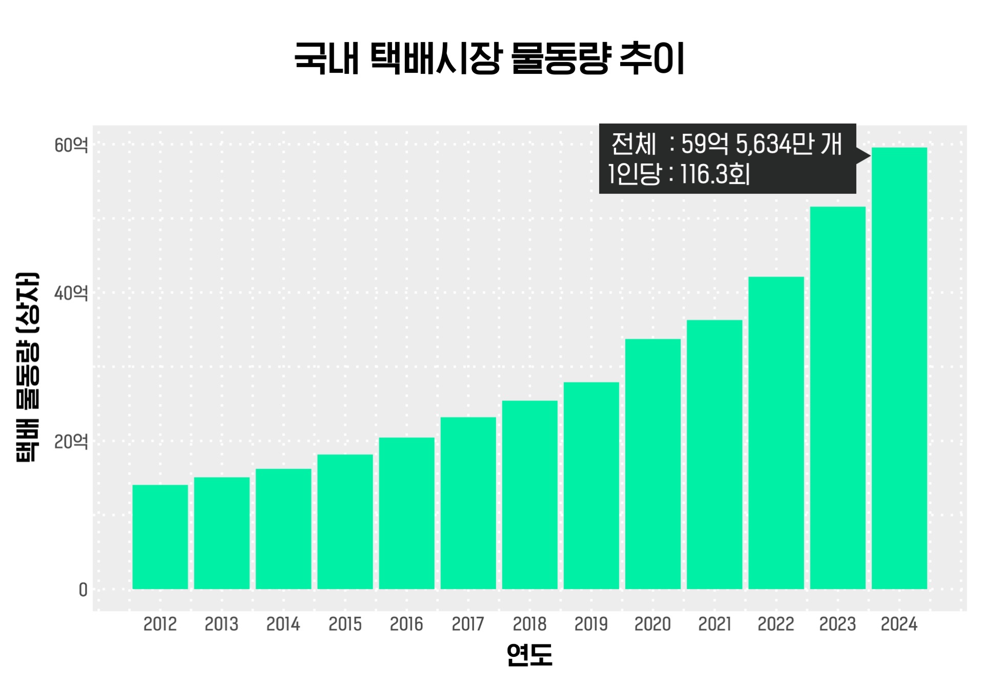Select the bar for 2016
[x=406, y=513]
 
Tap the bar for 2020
[x=653, y=464]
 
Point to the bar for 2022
[x=776, y=432]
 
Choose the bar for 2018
[x=530, y=494]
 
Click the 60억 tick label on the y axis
[x=71, y=146]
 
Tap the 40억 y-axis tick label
[x=71, y=294]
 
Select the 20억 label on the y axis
[x=71, y=441]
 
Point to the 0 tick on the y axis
[x=83, y=590]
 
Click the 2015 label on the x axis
[x=345, y=624]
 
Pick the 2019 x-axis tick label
[x=591, y=624]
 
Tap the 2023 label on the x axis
[x=837, y=624]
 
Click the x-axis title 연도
[x=529, y=655]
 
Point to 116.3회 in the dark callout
[x=715, y=174]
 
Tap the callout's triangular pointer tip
[x=868, y=155]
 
